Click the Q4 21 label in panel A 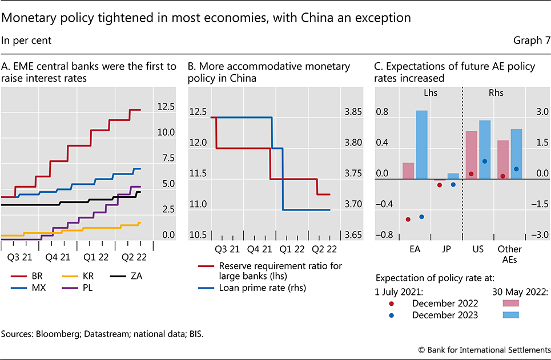pyautogui.click(x=58, y=257)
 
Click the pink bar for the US pyautogui.click(x=472, y=155)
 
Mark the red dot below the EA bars pyautogui.click(x=408, y=220)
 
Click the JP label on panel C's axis pyautogui.click(x=447, y=250)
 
